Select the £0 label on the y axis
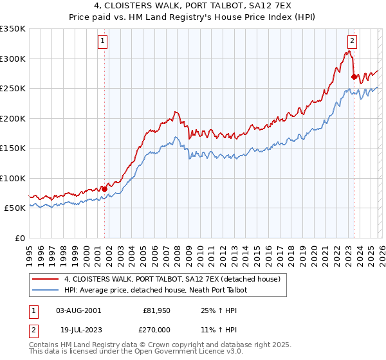point(19,238)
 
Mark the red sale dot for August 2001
point(104,189)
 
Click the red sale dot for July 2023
point(353,76)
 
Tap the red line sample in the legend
point(46,280)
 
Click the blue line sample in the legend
point(46,291)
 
